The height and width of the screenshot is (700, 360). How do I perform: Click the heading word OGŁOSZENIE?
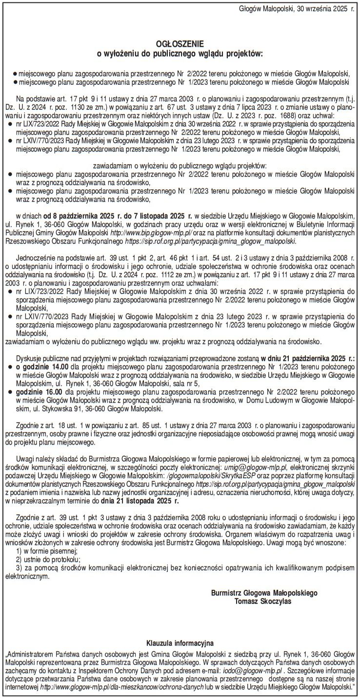tap(180, 43)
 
